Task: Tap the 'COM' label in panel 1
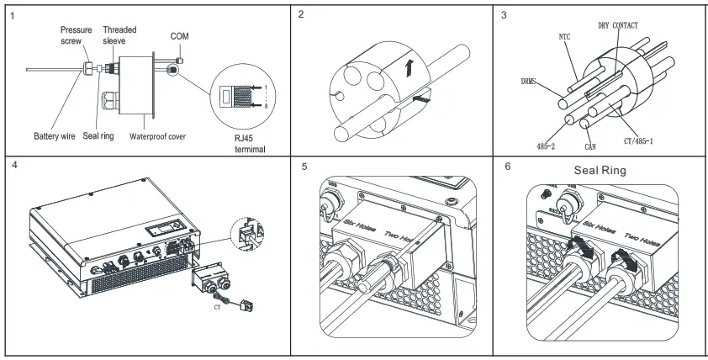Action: click(179, 36)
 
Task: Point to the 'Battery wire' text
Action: click(55, 136)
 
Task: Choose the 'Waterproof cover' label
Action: click(158, 136)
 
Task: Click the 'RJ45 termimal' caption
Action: click(249, 144)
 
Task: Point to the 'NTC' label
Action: click(565, 37)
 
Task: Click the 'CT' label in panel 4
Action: click(216, 308)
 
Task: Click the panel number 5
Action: click(304, 167)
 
